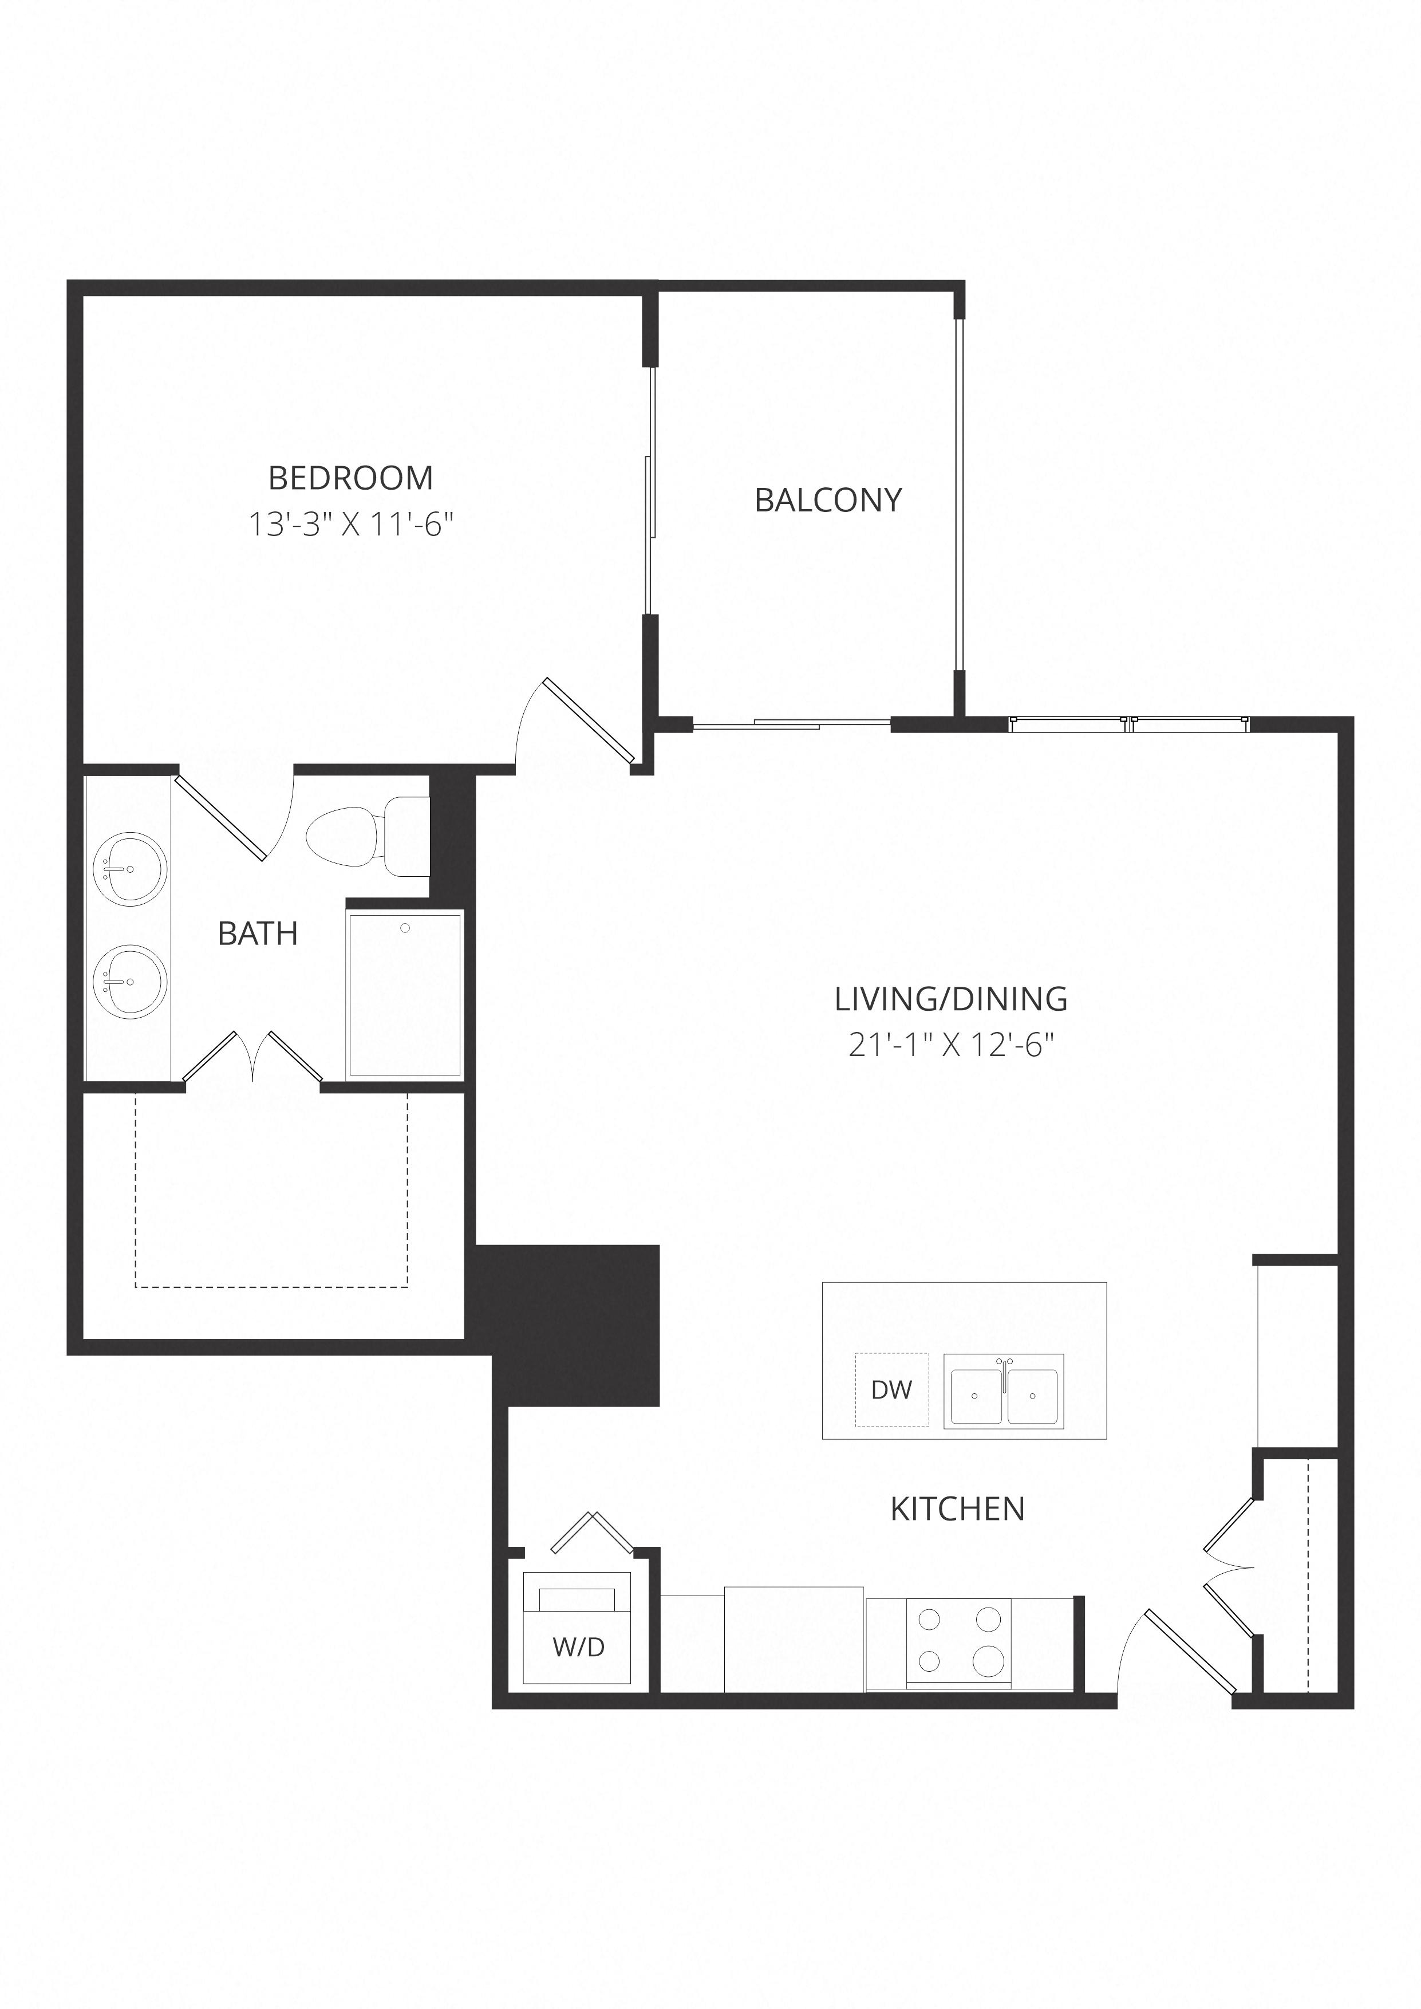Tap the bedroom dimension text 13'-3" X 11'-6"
pos(352,525)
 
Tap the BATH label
pos(258,933)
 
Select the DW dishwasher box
pos(891,1389)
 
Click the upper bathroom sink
pos(129,868)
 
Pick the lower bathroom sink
pos(129,980)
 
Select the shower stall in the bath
pos(404,994)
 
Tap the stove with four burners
pos(959,1641)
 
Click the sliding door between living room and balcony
pos(792,723)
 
